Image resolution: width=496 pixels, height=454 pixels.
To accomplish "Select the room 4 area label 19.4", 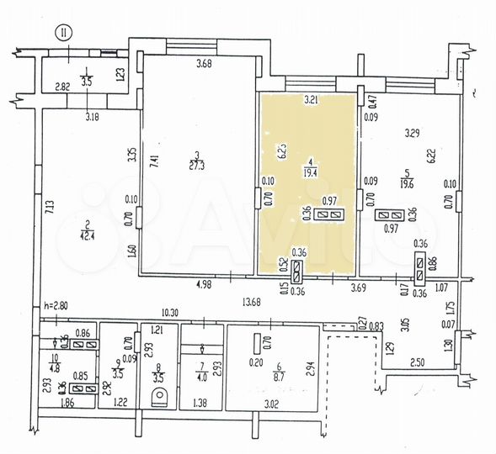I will (x=311, y=173).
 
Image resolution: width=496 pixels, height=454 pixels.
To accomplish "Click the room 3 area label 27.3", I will (x=196, y=167).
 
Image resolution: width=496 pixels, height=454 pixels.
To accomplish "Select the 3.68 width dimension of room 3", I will (x=203, y=64).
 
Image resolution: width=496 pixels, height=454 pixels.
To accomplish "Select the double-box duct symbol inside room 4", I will (x=329, y=215).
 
